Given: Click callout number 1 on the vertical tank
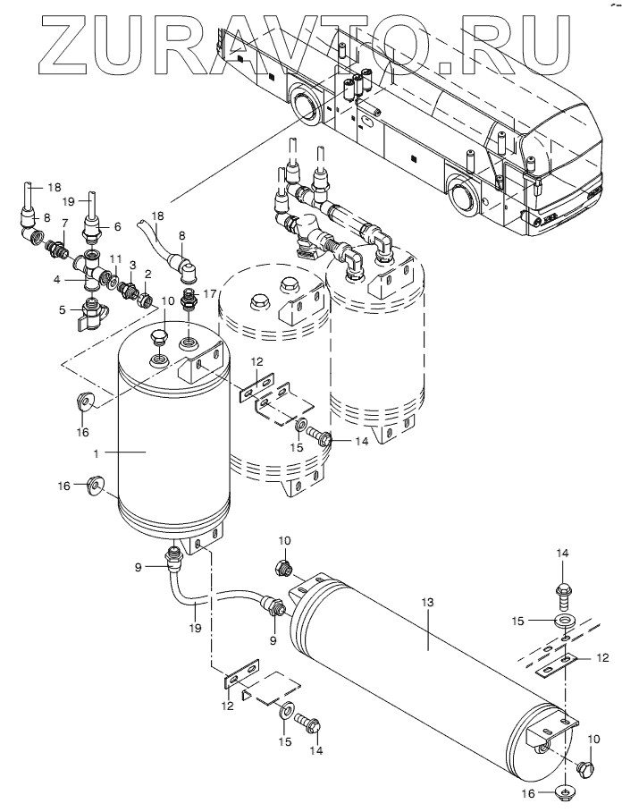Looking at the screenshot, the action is (x=96, y=453).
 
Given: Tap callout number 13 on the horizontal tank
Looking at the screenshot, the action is (x=427, y=603).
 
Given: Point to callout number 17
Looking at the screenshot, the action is (x=211, y=294).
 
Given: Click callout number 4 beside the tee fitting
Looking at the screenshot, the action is (x=57, y=279).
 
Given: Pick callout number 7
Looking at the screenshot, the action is (x=64, y=223).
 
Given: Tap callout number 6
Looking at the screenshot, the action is (x=117, y=225).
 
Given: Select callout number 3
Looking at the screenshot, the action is (x=133, y=265).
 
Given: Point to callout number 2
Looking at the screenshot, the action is (x=148, y=274).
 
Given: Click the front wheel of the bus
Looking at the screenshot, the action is (x=463, y=195).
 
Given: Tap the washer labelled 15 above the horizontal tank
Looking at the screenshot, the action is (x=564, y=621).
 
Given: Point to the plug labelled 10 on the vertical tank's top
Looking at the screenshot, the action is (x=159, y=338).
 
